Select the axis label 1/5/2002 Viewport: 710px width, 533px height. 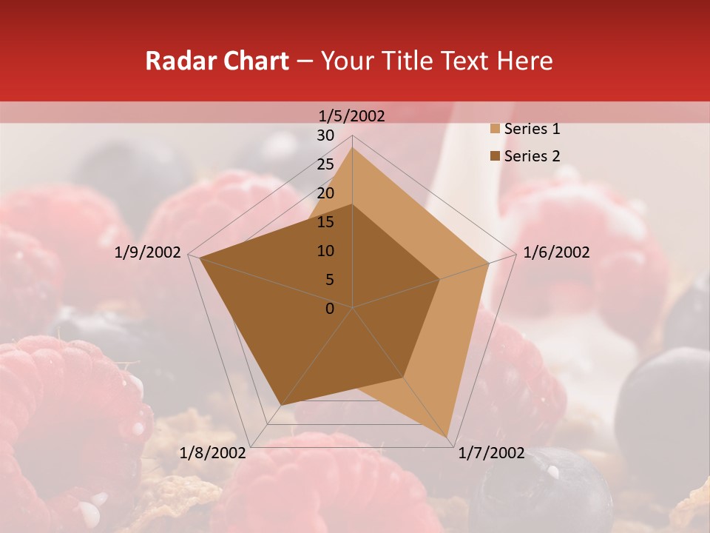[x=352, y=115]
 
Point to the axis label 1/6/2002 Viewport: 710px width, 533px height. [x=556, y=252]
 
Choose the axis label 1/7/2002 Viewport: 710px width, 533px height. [x=491, y=453]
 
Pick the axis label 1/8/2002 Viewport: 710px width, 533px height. [x=213, y=453]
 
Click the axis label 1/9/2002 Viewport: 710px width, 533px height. [x=148, y=252]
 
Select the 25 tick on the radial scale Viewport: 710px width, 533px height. [x=325, y=164]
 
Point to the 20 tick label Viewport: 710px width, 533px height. [x=325, y=193]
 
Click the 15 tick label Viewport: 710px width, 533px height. [x=325, y=222]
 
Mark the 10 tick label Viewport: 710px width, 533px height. [x=325, y=251]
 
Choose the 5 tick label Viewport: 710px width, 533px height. [x=330, y=280]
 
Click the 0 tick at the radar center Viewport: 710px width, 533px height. [x=330, y=309]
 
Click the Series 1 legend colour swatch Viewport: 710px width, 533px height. [x=494, y=130]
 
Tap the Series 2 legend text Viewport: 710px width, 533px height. [x=532, y=156]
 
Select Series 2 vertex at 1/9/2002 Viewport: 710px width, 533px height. [x=200, y=258]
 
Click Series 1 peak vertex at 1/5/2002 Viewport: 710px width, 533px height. [x=352, y=147]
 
